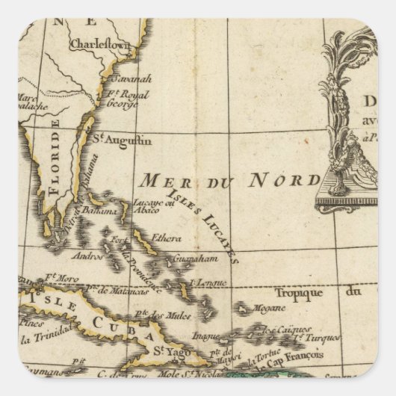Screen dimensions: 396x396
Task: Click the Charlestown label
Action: point(99,45)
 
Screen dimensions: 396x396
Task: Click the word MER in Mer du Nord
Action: point(161,180)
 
